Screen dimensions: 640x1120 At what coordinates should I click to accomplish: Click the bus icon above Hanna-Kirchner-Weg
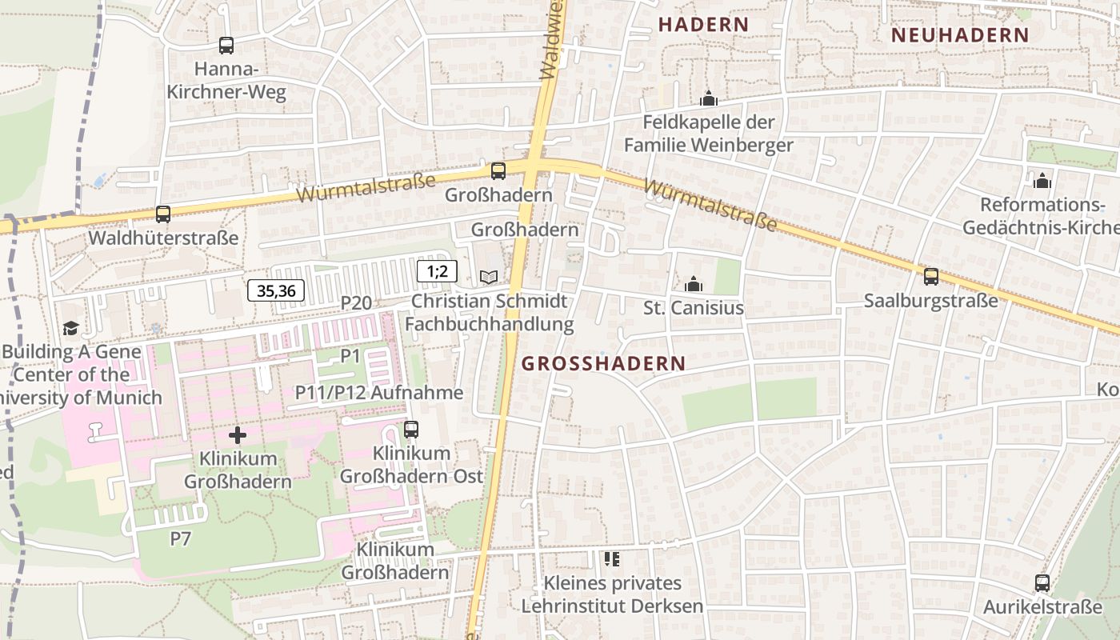click(226, 46)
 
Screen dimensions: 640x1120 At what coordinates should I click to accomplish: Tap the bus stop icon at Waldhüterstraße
click(163, 214)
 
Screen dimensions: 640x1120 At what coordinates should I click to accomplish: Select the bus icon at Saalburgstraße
click(931, 277)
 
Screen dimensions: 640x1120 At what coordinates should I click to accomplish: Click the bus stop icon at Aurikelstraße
click(1042, 582)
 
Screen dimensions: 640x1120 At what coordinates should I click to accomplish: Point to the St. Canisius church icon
click(694, 284)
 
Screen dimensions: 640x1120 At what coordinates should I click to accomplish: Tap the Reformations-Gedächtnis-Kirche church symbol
click(1042, 181)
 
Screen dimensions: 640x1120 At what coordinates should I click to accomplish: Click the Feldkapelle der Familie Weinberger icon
click(708, 99)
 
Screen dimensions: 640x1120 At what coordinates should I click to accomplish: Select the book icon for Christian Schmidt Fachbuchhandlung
click(489, 277)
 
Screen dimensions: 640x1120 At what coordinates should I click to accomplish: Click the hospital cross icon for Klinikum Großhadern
click(238, 435)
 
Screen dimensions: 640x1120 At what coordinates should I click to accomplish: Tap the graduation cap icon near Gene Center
click(71, 328)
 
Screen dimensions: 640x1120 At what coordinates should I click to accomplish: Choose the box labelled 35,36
click(276, 291)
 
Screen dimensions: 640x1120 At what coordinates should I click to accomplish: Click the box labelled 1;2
click(437, 271)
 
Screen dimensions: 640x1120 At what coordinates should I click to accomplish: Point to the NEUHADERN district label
click(959, 35)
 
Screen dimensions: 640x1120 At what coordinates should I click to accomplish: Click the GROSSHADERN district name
click(603, 363)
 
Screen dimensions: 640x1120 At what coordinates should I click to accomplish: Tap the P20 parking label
click(356, 302)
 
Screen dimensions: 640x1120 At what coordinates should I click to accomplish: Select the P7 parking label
click(181, 538)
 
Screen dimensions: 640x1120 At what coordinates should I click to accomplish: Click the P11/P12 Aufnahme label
click(379, 392)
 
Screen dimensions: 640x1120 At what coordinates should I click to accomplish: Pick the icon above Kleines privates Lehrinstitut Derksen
click(612, 558)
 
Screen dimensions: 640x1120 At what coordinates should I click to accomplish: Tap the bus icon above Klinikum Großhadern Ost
click(411, 430)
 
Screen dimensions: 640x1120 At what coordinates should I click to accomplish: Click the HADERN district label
click(703, 25)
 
